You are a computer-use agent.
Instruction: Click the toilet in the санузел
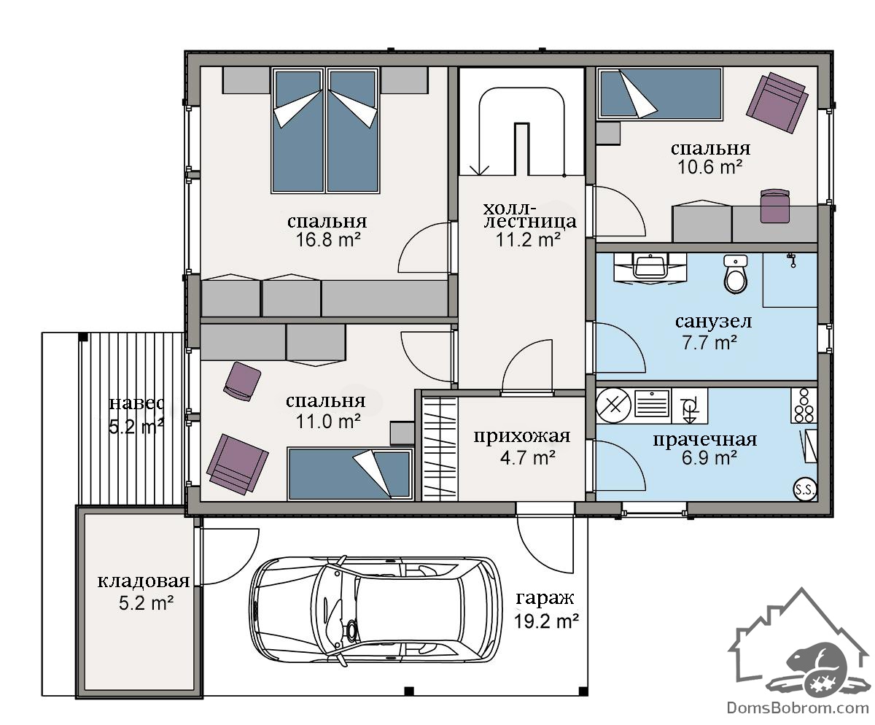coord(735,274)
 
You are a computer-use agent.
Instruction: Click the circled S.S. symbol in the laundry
coord(804,489)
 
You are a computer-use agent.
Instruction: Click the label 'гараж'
coord(545,598)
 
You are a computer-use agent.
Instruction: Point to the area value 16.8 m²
coord(328,240)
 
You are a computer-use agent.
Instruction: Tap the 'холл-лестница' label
coord(529,215)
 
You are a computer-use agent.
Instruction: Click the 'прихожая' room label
coord(522,436)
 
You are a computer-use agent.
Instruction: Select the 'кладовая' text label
coord(144,581)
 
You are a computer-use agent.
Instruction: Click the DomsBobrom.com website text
coord(798,708)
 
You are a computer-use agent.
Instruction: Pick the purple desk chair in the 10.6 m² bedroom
coord(775,206)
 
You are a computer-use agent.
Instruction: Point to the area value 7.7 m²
coord(709,343)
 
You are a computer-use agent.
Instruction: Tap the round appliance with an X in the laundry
coord(613,406)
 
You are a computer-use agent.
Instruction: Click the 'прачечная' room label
coord(705,439)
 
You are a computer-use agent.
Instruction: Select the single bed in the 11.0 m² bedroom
coord(349,474)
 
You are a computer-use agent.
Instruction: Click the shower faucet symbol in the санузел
coord(792,260)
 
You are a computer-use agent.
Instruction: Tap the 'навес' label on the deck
coord(136,403)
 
